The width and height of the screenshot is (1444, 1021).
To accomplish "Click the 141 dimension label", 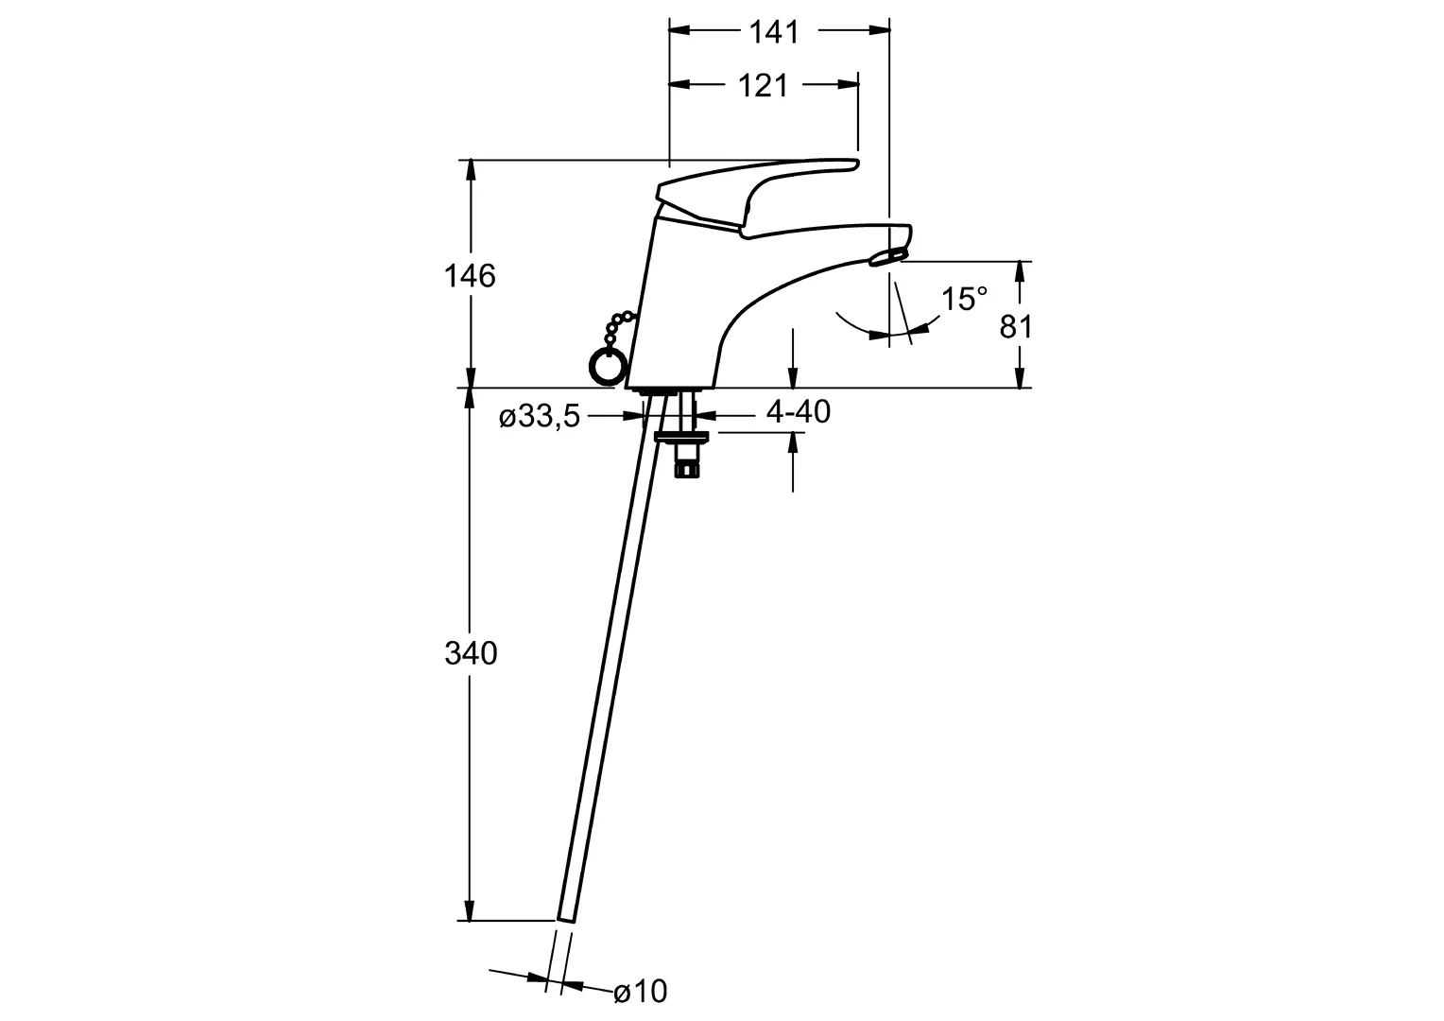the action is click(774, 32).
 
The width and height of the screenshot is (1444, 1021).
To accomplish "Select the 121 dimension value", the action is click(763, 86).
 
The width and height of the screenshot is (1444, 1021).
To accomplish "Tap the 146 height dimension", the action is click(470, 277).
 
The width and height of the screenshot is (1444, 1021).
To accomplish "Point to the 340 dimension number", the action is click(471, 654).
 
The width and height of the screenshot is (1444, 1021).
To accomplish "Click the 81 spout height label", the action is click(1015, 327).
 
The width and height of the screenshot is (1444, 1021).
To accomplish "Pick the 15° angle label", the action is click(964, 299).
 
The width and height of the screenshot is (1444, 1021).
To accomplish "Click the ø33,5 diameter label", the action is click(540, 417).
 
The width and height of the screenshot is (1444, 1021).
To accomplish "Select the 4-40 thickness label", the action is click(798, 411).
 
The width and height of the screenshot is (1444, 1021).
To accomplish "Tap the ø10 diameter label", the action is click(640, 992).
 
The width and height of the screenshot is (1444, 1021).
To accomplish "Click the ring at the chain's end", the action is click(606, 368).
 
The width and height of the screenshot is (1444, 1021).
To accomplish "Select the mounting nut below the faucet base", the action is click(681, 438).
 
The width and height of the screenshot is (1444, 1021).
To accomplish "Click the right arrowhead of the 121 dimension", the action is click(849, 84).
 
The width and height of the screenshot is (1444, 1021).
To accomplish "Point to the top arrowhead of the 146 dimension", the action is click(471, 170).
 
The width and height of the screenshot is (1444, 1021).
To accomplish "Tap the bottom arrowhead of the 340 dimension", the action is click(471, 910).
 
